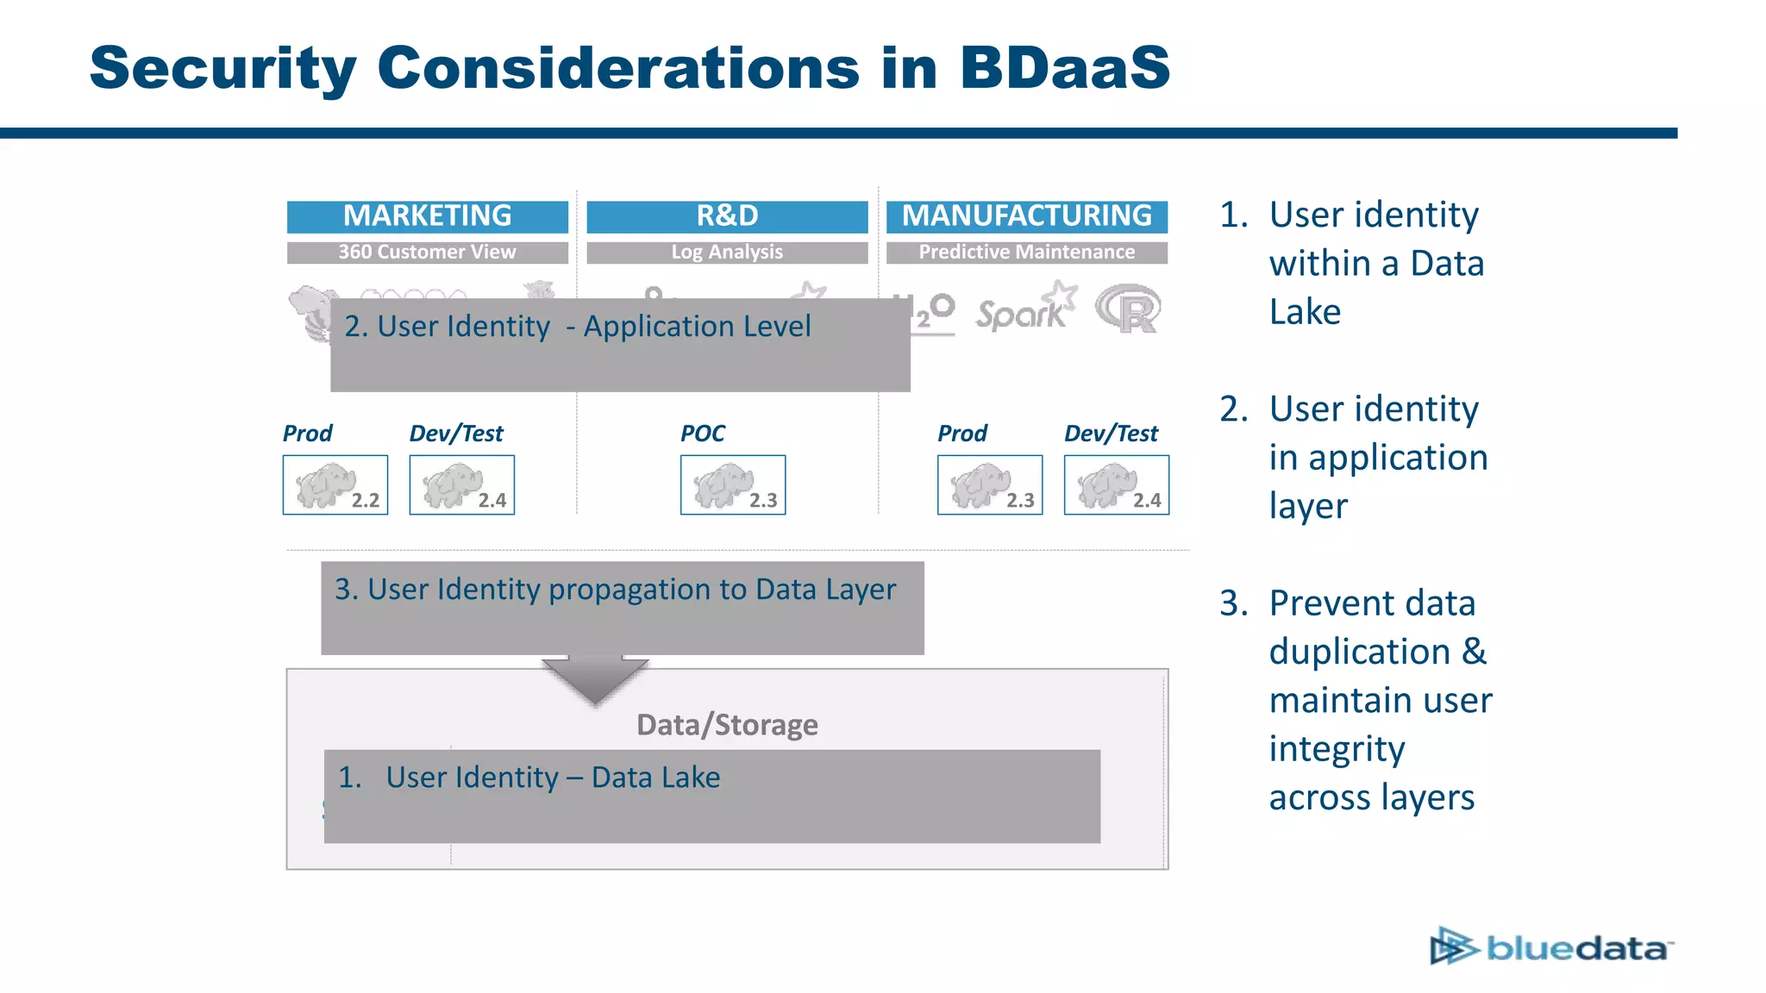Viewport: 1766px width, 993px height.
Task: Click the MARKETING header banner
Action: (x=427, y=216)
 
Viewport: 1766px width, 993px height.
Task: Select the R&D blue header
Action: (x=727, y=216)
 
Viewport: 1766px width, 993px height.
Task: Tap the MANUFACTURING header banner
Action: (x=1026, y=216)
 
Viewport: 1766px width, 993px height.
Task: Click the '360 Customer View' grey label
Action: (x=427, y=253)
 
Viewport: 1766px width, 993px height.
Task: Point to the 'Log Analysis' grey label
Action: (x=727, y=253)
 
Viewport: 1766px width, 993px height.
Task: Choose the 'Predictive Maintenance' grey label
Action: (x=1026, y=253)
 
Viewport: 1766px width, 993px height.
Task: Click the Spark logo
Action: (x=1024, y=309)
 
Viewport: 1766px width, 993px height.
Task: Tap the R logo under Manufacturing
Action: (x=1129, y=309)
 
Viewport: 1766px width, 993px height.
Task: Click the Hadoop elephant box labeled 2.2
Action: (x=335, y=485)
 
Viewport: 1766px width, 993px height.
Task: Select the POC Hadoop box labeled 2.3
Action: (x=733, y=485)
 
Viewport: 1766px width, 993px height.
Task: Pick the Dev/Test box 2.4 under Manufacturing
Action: (x=1117, y=485)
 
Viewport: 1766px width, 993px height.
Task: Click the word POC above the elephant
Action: (x=703, y=434)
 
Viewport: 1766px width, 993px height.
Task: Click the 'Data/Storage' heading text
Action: (x=727, y=725)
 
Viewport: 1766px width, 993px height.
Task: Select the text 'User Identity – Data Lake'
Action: (x=552, y=778)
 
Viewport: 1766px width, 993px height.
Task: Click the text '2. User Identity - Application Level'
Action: (x=577, y=327)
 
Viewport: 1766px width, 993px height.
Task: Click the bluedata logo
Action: (x=1551, y=947)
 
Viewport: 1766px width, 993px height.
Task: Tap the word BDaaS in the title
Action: (x=1065, y=67)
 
